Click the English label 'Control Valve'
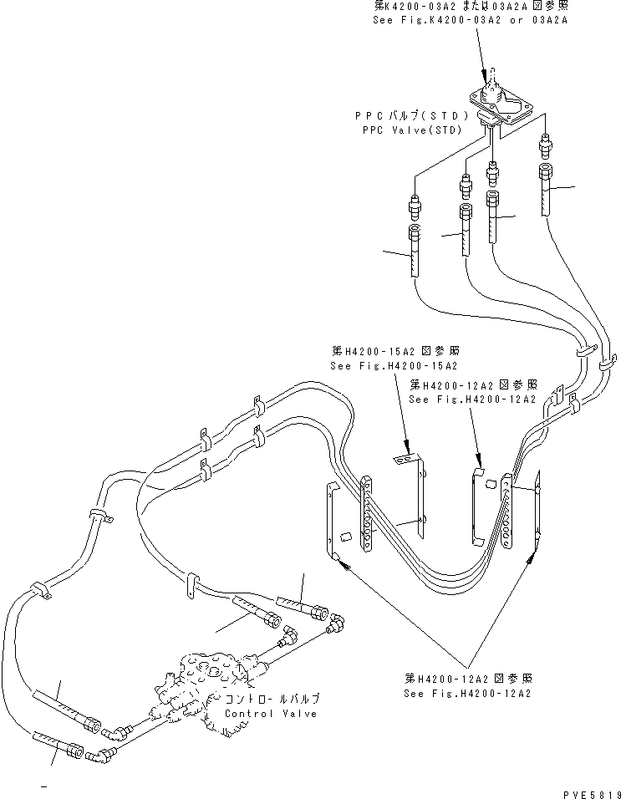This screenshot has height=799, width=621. tap(271, 714)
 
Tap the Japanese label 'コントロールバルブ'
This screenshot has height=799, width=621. tap(271, 698)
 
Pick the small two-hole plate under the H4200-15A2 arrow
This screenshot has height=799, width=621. tap(405, 459)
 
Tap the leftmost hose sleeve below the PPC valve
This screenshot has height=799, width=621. tap(415, 251)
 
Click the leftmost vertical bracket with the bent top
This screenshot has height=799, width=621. tap(329, 522)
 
